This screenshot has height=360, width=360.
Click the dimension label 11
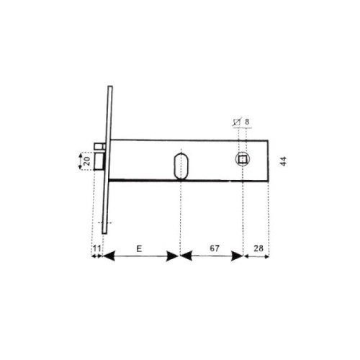coord(96,248)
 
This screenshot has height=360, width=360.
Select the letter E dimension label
coord(139,249)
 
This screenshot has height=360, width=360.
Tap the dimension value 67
coord(215,248)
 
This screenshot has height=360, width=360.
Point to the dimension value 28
coord(258,248)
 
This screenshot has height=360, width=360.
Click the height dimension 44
coord(284,161)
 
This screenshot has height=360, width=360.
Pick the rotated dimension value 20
coord(87,161)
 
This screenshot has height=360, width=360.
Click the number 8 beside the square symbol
coord(247,122)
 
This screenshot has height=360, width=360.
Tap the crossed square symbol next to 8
coord(237,122)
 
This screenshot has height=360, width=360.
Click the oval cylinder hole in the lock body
coord(181,166)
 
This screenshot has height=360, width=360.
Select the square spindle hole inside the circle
coord(243,159)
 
